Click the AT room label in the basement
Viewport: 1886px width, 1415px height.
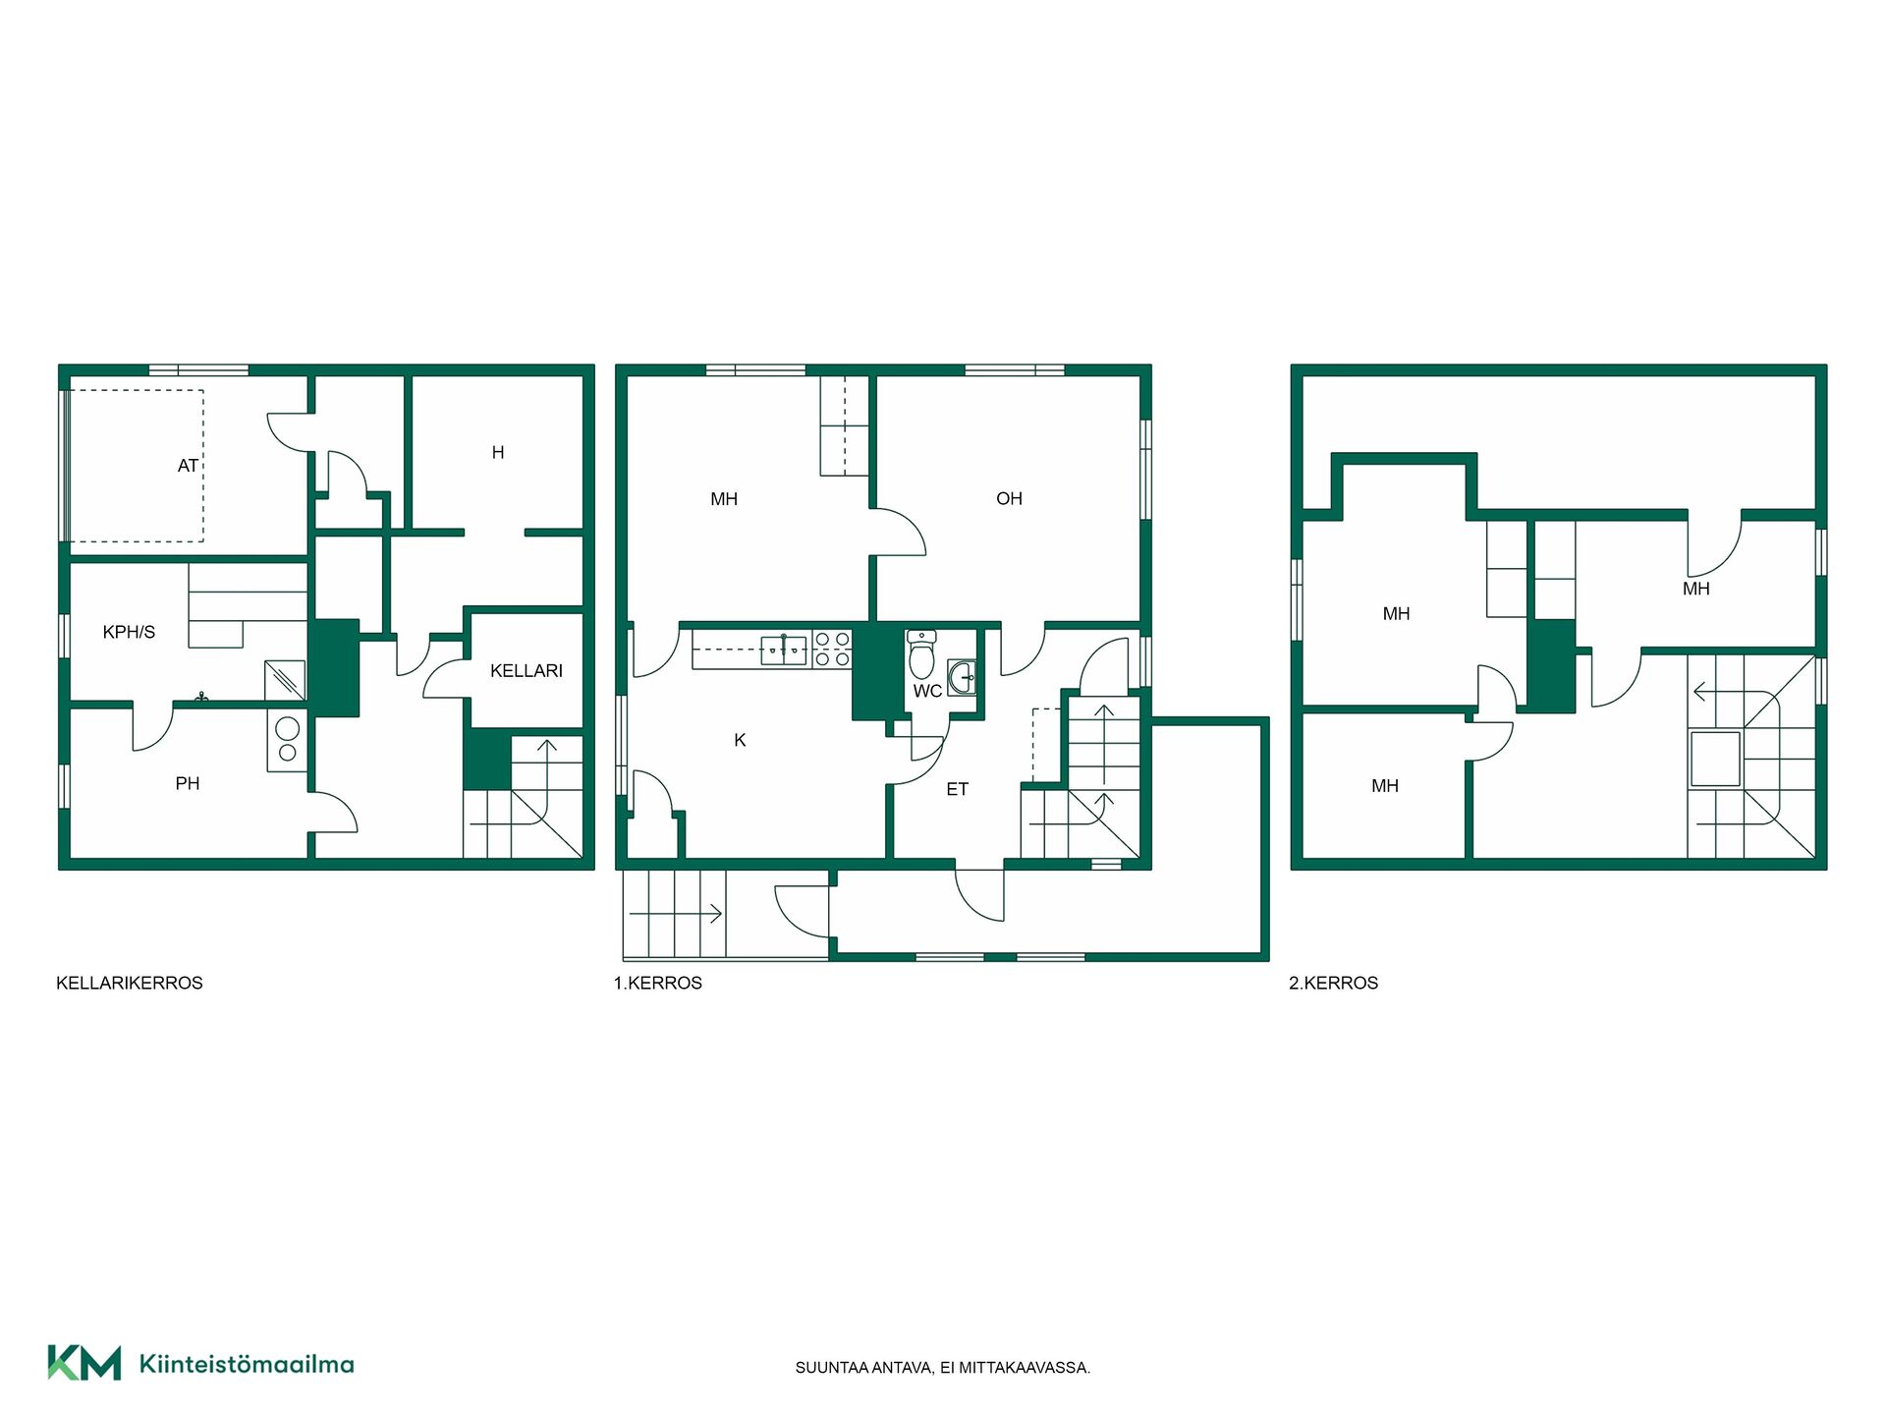point(188,466)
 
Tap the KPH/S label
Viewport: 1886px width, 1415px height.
point(129,632)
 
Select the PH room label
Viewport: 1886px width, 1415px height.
point(188,783)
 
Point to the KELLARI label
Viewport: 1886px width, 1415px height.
point(527,671)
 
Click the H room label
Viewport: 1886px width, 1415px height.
point(498,453)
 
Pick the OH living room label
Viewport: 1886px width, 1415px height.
point(1009,498)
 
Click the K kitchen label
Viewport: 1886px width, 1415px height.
point(740,740)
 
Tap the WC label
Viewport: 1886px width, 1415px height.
point(927,691)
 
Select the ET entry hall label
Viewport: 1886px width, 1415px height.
point(957,789)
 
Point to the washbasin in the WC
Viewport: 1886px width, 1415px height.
point(963,677)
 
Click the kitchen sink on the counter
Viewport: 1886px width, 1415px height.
point(784,650)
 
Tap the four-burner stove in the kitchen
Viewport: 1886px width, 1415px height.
point(832,650)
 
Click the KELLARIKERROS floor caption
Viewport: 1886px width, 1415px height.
point(130,983)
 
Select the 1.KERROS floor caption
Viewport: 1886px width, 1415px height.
point(658,983)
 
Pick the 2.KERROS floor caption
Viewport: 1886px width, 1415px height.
point(1333,983)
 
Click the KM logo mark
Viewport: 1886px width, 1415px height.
point(84,1363)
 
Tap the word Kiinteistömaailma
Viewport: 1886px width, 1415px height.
point(247,1364)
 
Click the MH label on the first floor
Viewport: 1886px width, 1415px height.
point(724,499)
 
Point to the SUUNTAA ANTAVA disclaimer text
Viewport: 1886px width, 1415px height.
point(943,1368)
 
